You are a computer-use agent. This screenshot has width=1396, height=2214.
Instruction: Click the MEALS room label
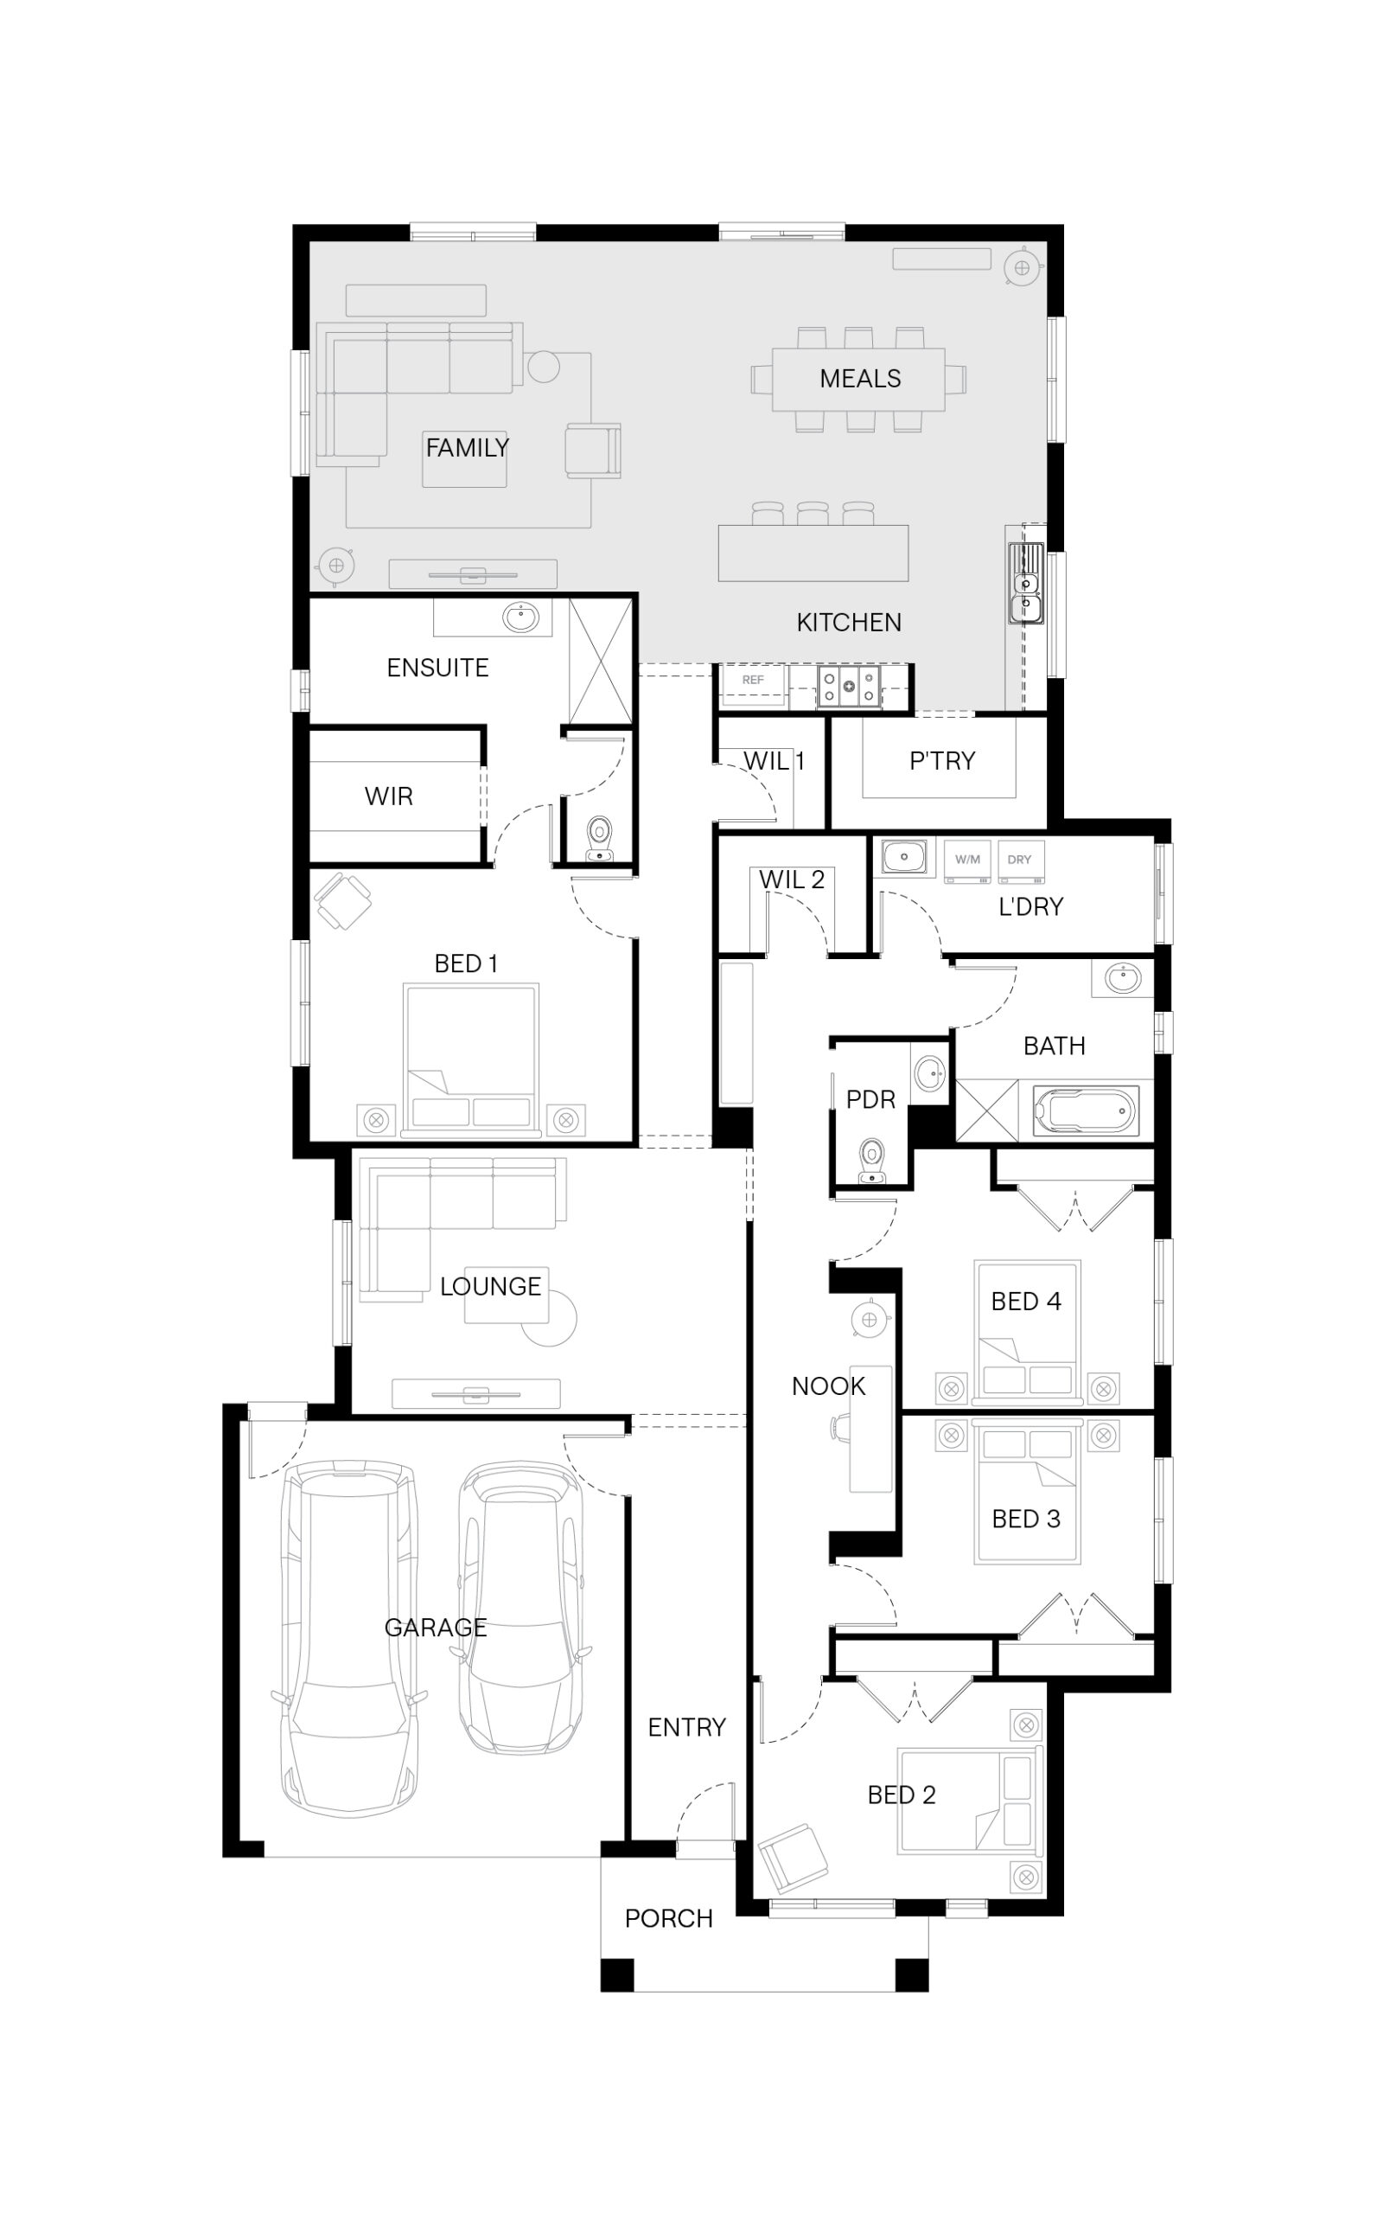point(859,378)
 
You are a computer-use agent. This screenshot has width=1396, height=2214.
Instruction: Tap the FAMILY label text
point(467,448)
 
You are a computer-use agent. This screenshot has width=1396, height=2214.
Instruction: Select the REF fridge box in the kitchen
point(753,685)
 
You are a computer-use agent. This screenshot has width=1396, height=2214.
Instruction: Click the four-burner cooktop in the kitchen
point(848,685)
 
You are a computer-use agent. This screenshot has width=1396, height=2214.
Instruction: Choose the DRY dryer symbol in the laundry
point(1019,861)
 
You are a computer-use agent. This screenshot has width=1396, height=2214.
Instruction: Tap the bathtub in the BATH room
point(1086,1111)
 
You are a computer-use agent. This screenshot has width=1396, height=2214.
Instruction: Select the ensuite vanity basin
point(521,617)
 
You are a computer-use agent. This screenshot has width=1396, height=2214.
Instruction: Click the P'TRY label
point(942,760)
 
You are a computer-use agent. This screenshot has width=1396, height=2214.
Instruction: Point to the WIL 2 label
point(791,879)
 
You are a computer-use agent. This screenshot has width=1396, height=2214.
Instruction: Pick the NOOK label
point(828,1385)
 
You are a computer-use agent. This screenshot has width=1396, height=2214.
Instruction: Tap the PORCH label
point(668,1918)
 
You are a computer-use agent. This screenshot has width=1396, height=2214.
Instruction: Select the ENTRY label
point(686,1727)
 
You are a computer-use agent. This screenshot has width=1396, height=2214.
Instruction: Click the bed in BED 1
point(470,1059)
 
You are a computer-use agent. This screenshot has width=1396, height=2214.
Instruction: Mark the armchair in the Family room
point(593,451)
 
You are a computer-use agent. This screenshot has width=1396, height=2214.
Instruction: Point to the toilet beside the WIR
point(599,839)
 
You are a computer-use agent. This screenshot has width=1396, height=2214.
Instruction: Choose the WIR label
point(389,797)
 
